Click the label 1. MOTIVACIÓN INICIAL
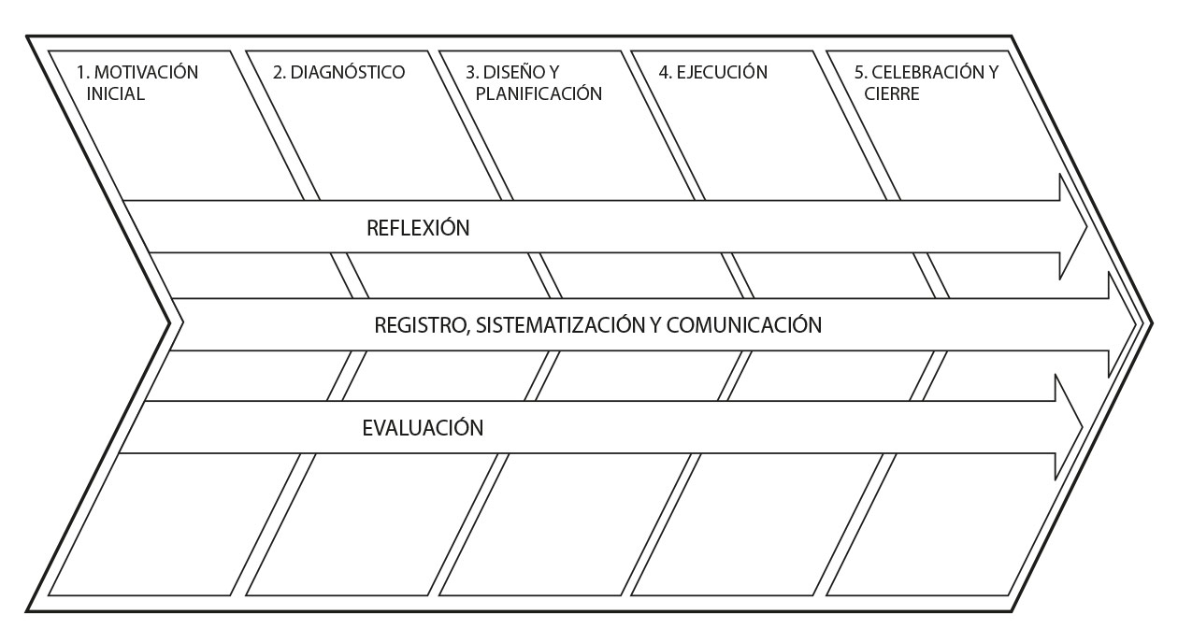(136, 83)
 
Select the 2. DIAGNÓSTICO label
(338, 73)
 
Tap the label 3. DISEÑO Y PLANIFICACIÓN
(533, 83)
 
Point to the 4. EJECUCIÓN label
(712, 73)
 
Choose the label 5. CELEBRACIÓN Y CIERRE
(926, 83)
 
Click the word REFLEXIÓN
(417, 228)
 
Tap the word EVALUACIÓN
(423, 429)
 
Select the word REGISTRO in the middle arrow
(421, 325)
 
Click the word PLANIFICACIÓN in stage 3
(538, 93)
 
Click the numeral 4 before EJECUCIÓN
(663, 73)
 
